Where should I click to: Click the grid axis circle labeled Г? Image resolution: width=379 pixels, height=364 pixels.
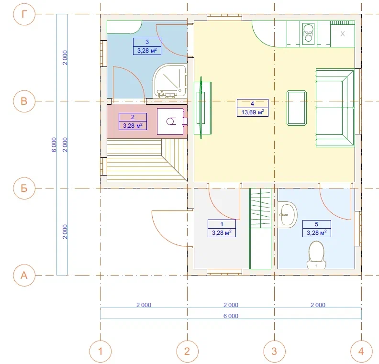(24, 14)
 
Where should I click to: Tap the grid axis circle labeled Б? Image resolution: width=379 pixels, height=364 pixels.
(24, 188)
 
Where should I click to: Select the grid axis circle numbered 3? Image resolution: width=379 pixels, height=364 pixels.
(274, 352)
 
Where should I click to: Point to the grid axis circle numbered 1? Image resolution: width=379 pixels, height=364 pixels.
(100, 352)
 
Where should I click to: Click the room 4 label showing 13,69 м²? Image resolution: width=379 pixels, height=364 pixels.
(253, 108)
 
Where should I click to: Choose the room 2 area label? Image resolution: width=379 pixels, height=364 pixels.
(133, 121)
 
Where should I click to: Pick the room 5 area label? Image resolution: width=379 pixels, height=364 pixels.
(317, 229)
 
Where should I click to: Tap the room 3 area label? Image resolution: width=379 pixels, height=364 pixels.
(147, 46)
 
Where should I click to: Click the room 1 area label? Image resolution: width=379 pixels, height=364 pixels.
(222, 229)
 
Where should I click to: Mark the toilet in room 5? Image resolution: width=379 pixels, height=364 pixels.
(316, 255)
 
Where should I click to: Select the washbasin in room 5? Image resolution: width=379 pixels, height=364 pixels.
(288, 215)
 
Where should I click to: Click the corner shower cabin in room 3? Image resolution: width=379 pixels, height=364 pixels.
(170, 81)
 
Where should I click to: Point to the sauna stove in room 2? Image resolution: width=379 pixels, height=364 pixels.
(171, 121)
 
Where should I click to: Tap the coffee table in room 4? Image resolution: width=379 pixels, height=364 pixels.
(297, 108)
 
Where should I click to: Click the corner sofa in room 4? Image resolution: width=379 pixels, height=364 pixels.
(335, 108)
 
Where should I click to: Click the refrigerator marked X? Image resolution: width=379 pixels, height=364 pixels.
(343, 34)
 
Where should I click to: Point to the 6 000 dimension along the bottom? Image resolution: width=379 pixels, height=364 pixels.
(231, 316)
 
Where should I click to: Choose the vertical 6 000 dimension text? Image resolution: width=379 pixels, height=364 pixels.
(54, 144)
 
